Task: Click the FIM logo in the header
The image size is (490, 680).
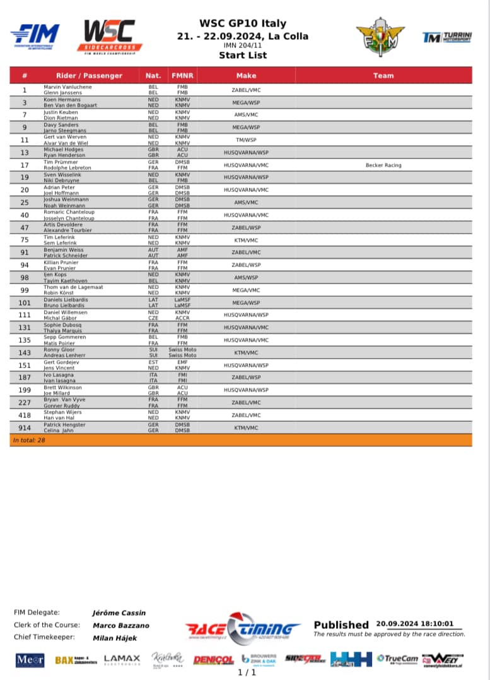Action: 35,35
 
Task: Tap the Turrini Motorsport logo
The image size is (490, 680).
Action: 446,38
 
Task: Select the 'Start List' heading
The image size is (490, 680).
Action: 243,55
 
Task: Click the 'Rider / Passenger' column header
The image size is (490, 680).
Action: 89,76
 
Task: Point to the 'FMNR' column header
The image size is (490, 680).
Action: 182,76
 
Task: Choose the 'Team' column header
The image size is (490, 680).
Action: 383,76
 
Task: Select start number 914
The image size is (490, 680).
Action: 25,427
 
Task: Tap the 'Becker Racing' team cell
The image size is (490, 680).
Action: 383,165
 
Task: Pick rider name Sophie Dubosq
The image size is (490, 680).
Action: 62,325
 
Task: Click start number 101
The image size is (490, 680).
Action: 25,302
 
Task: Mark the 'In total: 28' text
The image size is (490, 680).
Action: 29,440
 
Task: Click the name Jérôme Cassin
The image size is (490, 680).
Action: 119,612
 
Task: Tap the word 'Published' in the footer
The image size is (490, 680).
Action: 341,624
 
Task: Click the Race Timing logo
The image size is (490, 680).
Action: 243,627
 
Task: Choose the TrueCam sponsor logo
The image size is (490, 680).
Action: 397,659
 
